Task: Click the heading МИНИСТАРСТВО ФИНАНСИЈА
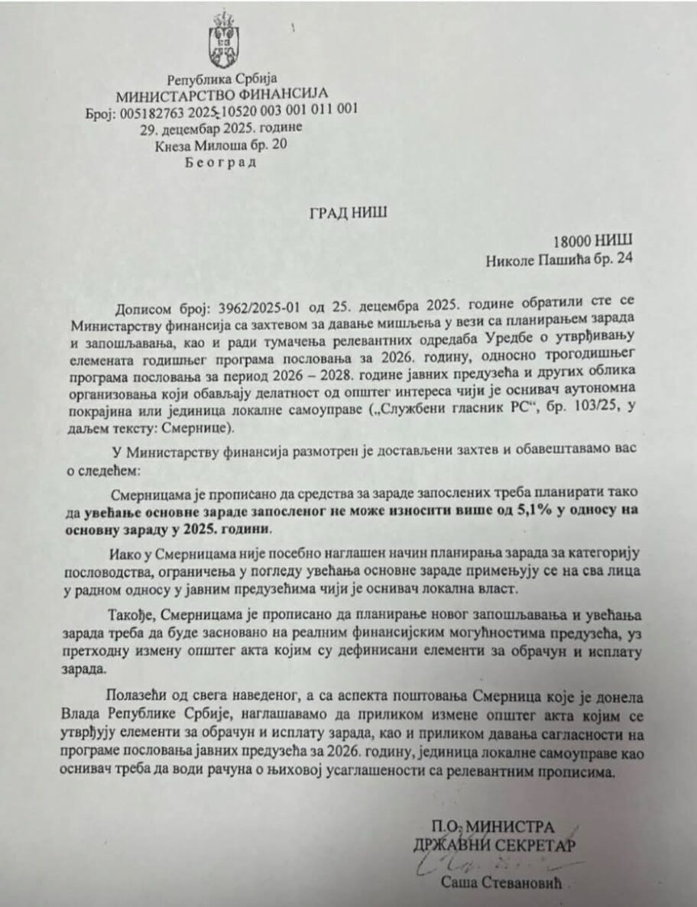222,94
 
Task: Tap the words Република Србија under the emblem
222,79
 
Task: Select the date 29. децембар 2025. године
222,127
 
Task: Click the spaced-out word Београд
222,160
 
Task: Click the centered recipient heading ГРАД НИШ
348,212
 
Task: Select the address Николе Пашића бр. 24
559,260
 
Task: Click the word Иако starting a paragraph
125,550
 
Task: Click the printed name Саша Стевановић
501,883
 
